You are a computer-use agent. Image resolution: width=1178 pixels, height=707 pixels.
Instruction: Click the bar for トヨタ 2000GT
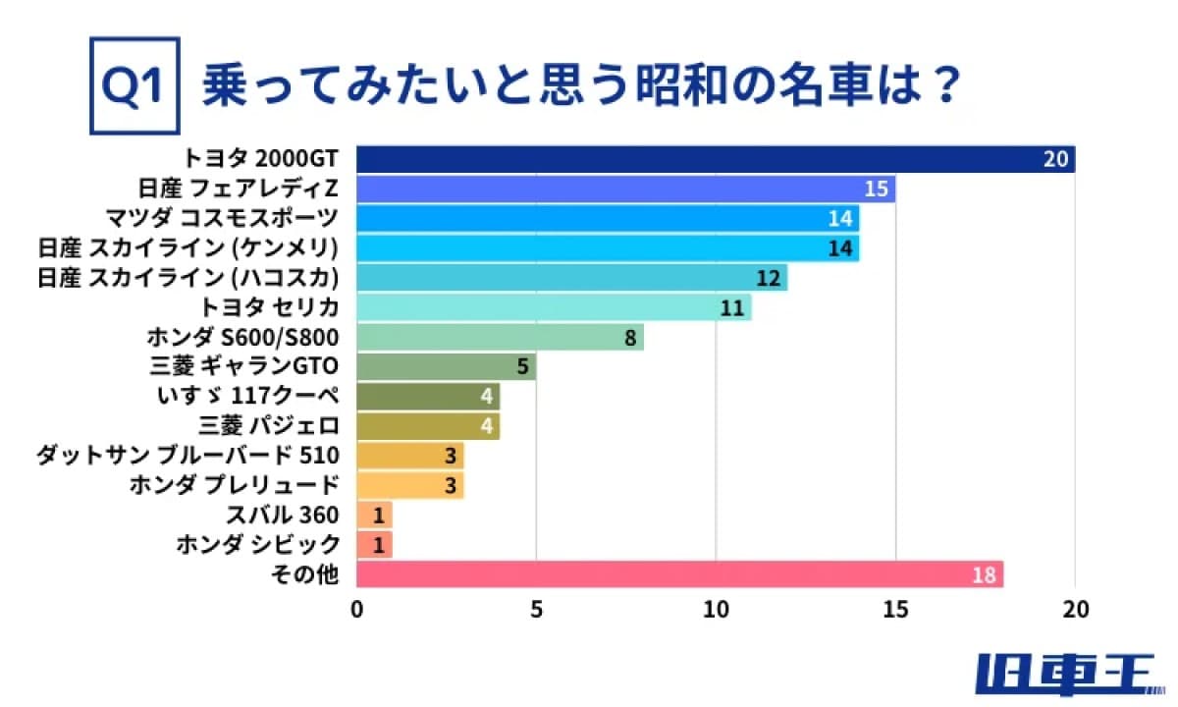click(x=715, y=159)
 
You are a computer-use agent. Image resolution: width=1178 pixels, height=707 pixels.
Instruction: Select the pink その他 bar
click(x=679, y=574)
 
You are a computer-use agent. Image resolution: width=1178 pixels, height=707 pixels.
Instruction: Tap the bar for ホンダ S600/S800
click(x=499, y=338)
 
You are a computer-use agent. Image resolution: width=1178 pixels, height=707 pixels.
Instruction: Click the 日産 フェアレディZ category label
click(x=240, y=189)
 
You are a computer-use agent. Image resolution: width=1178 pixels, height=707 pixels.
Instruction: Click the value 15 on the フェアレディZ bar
click(x=877, y=189)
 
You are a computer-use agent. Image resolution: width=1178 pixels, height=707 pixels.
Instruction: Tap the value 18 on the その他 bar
click(x=985, y=574)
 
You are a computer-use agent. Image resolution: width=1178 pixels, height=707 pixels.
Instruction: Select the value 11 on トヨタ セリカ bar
click(x=732, y=308)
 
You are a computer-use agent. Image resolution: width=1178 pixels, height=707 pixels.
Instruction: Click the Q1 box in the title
click(x=134, y=86)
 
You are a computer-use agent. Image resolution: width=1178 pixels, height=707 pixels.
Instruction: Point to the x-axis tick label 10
click(x=716, y=610)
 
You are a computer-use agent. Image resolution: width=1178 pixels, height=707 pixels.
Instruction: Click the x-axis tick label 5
click(x=536, y=610)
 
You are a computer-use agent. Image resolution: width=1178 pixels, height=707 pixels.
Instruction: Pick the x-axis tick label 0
click(x=356, y=610)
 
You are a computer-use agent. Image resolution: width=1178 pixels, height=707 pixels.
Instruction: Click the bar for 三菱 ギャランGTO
click(x=446, y=367)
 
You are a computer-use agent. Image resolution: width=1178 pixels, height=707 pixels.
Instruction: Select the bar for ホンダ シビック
click(x=374, y=545)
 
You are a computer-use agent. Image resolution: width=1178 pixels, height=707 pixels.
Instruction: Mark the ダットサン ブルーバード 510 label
click(x=187, y=456)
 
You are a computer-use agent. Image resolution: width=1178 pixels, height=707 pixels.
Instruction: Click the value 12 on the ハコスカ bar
click(x=769, y=278)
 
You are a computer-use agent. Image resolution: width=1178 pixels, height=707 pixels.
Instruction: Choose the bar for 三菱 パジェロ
click(x=427, y=426)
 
